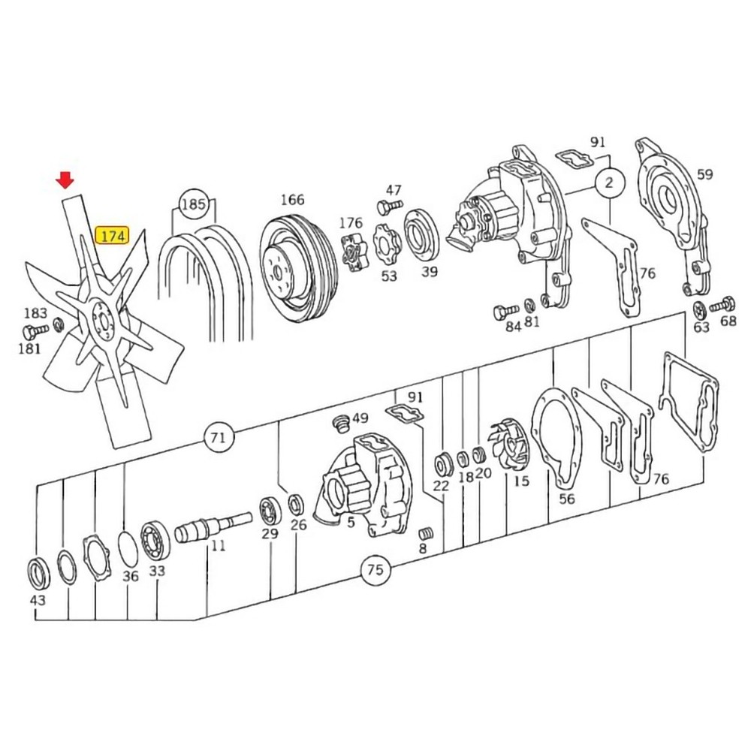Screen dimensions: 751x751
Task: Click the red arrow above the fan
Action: click(x=66, y=179)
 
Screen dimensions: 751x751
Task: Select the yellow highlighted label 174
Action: click(x=113, y=235)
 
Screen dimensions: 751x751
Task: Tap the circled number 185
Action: click(x=193, y=204)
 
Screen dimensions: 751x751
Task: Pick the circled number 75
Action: click(x=375, y=570)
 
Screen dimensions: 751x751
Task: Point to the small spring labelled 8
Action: click(x=427, y=532)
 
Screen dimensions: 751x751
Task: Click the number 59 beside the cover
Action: click(x=704, y=174)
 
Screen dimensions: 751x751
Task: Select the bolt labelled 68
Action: click(x=724, y=305)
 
